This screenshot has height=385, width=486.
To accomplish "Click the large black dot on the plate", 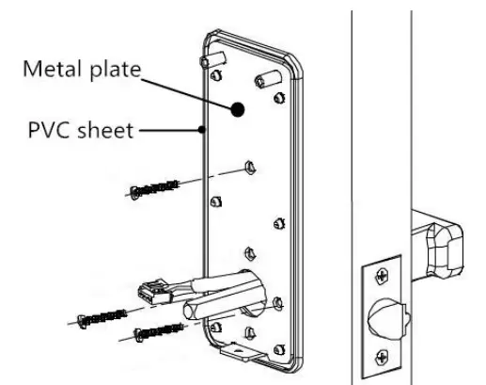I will [x=239, y=109].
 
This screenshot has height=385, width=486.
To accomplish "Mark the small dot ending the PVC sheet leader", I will [x=203, y=130].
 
